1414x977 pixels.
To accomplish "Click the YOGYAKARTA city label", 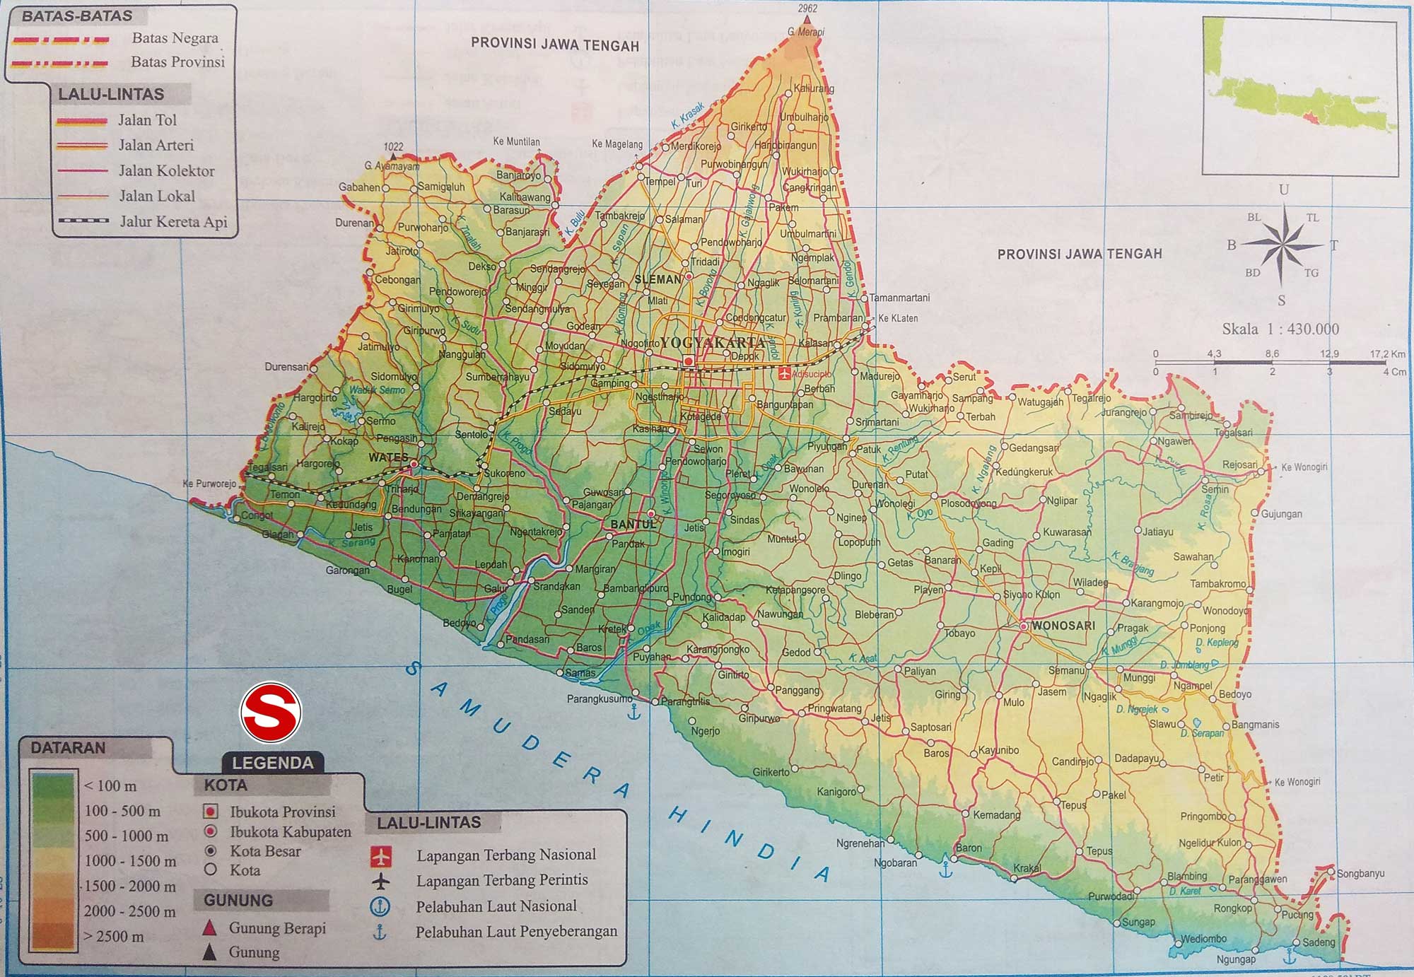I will [713, 342].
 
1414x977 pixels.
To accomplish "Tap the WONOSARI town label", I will [1063, 626].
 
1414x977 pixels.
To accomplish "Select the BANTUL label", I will [633, 525].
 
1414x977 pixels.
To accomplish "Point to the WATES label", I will [388, 457].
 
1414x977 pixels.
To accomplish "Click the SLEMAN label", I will [658, 279].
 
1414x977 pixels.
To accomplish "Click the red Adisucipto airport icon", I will [784, 374].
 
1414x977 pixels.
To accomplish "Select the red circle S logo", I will [271, 713].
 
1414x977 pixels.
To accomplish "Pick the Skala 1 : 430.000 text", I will [1280, 329].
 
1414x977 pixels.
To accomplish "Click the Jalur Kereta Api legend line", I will [83, 221].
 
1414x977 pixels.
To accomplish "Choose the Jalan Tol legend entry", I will [147, 120].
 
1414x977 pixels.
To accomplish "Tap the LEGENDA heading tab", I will [272, 763].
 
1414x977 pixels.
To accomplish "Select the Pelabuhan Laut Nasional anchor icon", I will [380, 906].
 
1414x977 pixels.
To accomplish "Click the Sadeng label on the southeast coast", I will [1319, 942].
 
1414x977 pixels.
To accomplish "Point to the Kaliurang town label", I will [814, 89].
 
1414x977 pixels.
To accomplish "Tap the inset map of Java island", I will [1299, 98].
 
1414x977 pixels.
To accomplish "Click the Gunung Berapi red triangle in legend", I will [209, 928].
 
